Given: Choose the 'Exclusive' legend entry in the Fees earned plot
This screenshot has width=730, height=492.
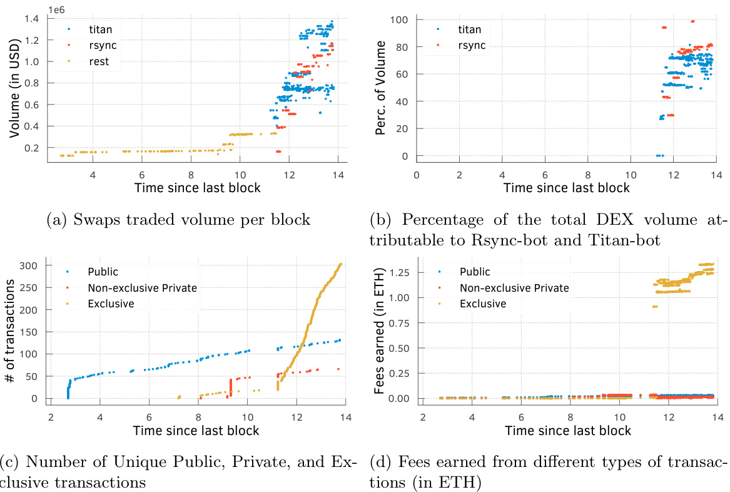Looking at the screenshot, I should click(482, 304).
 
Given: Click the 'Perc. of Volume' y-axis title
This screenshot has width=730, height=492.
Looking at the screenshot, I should click(382, 89).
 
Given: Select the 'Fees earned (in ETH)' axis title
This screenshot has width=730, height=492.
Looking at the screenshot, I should click(381, 332).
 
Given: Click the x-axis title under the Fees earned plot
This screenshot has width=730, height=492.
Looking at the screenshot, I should click(568, 431).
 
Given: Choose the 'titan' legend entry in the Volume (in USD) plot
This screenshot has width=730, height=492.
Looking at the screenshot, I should click(100, 29).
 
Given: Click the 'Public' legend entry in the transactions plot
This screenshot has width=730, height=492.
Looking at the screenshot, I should click(104, 272).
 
